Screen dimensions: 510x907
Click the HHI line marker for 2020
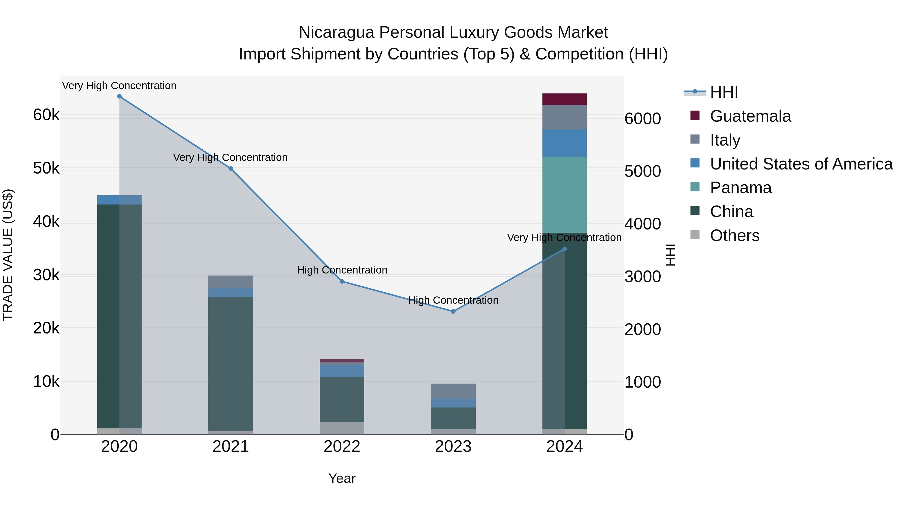[119, 96]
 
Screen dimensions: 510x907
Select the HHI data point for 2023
[453, 312]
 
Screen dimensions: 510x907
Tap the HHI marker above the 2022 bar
[342, 282]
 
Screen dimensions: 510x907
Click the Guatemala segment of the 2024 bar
[564, 99]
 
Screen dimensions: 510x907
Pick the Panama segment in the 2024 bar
[564, 195]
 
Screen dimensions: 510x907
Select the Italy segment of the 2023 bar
[453, 391]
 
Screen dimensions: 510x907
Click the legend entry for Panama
[740, 188]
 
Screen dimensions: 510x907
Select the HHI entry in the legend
[724, 92]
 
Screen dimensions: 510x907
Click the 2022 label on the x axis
[342, 447]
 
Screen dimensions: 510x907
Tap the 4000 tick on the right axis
[642, 224]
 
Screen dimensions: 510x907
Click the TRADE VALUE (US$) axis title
[8, 255]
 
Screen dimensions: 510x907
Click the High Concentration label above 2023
[453, 300]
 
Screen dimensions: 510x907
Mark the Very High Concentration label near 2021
[230, 157]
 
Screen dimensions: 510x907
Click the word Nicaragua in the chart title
[336, 33]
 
